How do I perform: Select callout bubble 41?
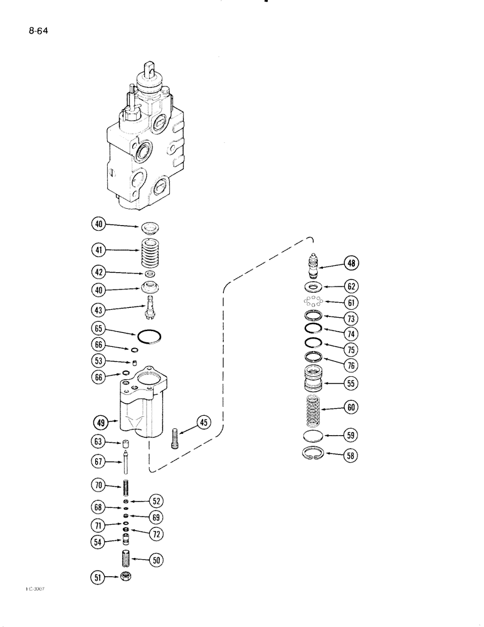pos(98,250)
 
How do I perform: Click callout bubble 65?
pos(98,328)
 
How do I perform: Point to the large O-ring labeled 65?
pos(149,336)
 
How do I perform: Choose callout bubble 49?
pos(100,423)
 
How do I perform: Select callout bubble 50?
pos(155,557)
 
